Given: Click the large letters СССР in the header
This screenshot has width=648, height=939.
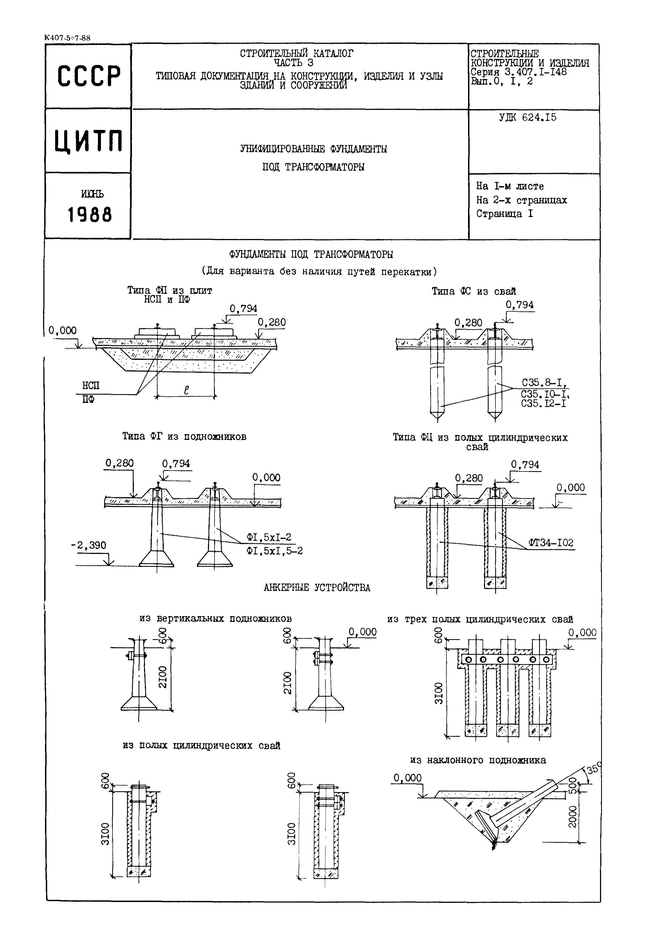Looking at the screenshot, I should pos(89,76).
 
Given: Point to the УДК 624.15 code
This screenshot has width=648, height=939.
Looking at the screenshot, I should pos(528,118).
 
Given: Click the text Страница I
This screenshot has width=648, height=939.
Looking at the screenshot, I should pos(505,214).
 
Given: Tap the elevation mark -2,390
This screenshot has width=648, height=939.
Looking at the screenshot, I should pos(89,545).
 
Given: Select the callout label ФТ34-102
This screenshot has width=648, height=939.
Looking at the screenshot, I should pos(551,543).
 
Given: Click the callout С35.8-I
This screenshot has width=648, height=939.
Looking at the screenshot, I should pos(544,383).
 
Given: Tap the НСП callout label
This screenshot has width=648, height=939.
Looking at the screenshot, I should pos(91,385).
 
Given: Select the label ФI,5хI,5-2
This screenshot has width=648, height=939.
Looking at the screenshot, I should pos(274,551).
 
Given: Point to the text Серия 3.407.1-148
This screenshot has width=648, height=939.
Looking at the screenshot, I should pos(519,72).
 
